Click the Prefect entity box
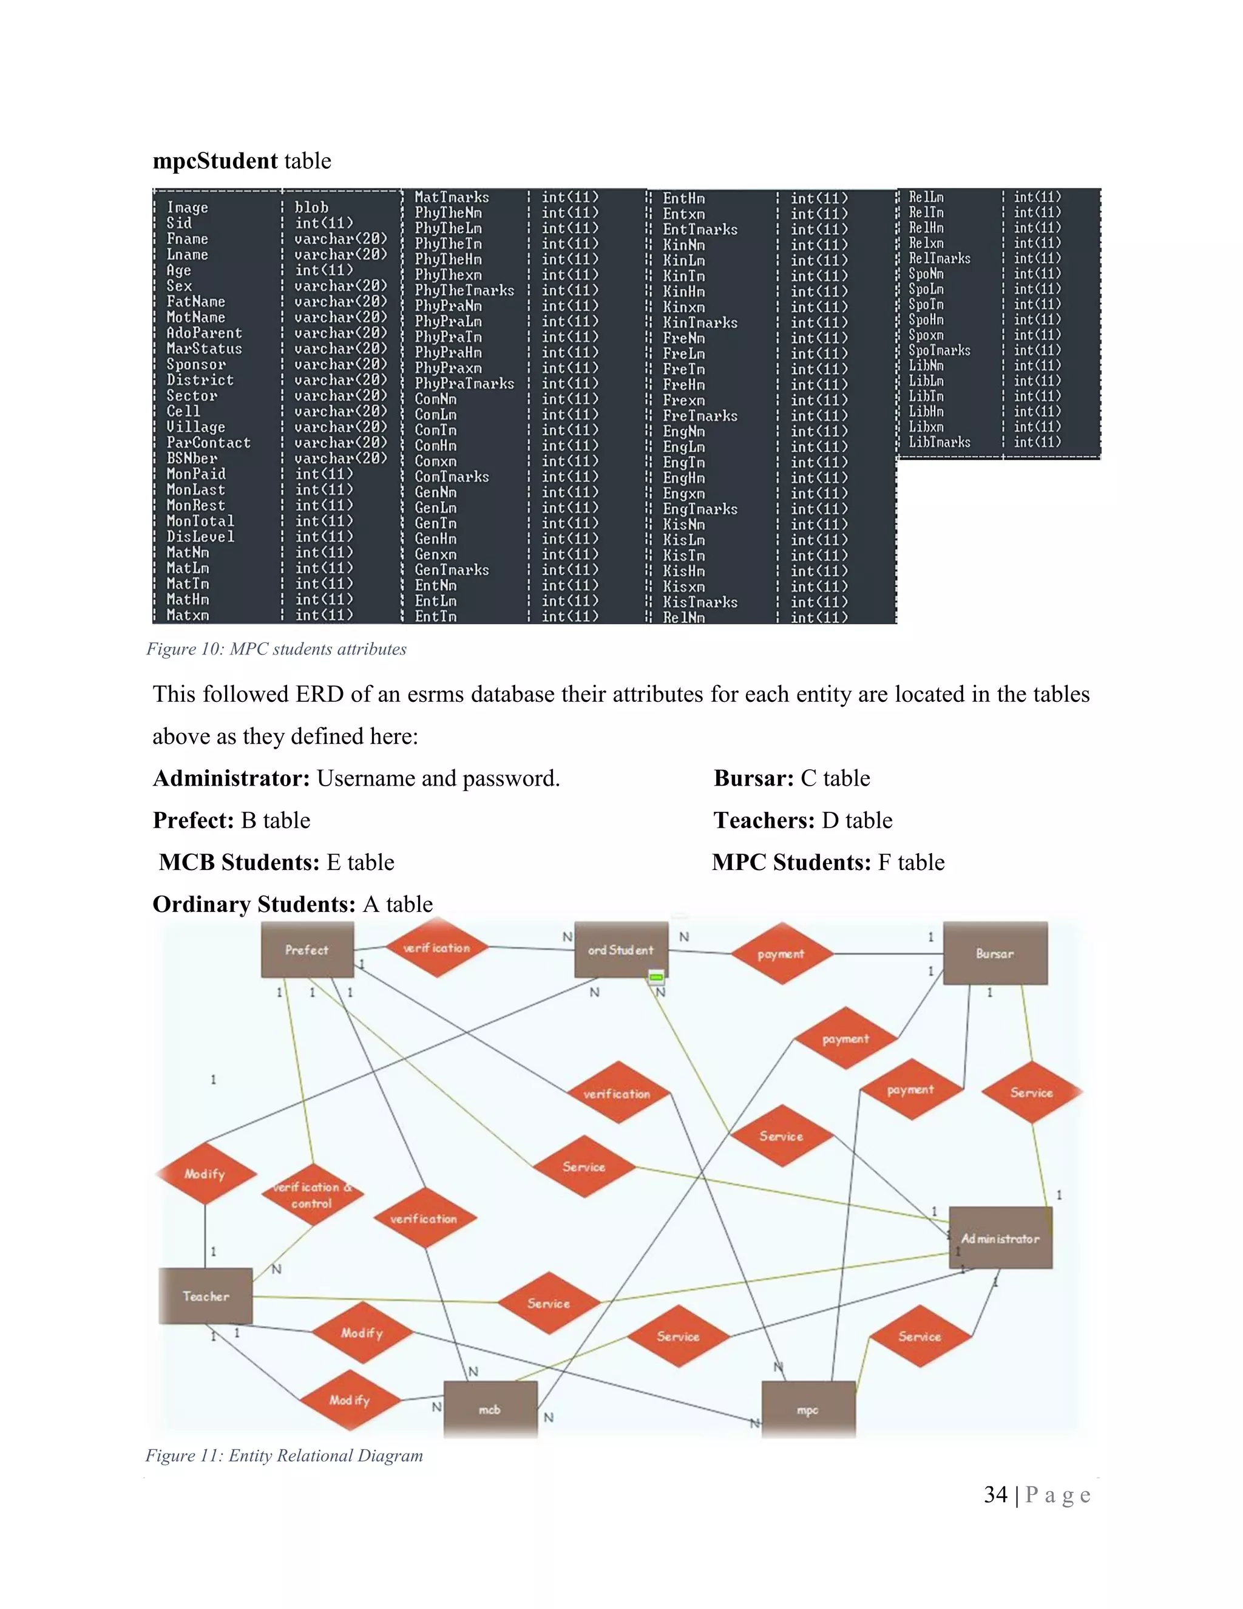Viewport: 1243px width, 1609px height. (x=307, y=950)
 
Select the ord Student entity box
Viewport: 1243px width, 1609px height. (x=621, y=950)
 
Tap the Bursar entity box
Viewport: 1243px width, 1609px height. (x=995, y=953)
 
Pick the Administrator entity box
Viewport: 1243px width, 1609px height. (x=1000, y=1239)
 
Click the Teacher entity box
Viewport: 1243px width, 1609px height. (x=206, y=1296)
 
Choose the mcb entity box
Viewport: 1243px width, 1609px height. (x=490, y=1409)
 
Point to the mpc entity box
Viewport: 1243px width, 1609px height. (x=808, y=1410)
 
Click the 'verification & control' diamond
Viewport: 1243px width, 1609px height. (x=312, y=1195)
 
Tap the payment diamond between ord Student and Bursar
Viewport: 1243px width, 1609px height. (x=781, y=954)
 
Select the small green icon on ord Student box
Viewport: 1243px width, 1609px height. (x=656, y=978)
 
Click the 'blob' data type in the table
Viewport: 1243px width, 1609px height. (x=311, y=208)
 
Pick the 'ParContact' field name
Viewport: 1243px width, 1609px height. (x=208, y=443)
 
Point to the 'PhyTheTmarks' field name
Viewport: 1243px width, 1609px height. (x=464, y=290)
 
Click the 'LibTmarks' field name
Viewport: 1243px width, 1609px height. (x=939, y=442)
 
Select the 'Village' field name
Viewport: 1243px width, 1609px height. (x=196, y=427)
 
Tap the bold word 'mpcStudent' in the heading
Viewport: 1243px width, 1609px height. (x=215, y=161)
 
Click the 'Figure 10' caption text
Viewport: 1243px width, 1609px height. (x=276, y=649)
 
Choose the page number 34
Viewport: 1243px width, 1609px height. (x=995, y=1495)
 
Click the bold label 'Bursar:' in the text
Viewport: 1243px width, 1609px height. (x=753, y=778)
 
